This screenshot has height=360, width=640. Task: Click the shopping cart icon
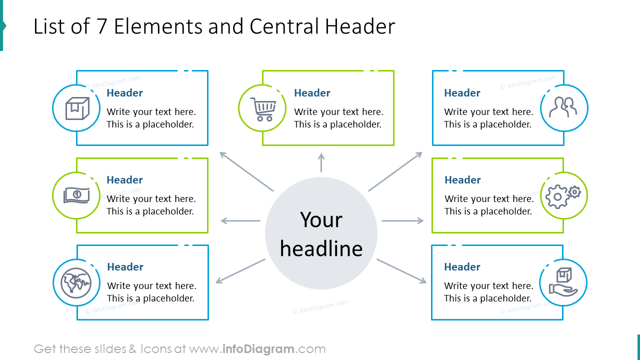263,108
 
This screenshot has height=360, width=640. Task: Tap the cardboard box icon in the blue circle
77,108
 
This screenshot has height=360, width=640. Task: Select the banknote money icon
76,195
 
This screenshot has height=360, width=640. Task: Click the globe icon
76,283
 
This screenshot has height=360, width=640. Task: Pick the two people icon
563,108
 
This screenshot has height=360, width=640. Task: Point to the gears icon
563,196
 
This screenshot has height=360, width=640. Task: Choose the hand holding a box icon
563,282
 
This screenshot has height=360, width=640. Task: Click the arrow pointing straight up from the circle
321,163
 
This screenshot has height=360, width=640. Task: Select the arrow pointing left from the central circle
240,220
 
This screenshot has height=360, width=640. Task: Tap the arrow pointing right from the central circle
402,220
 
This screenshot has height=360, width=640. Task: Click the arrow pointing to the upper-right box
395,171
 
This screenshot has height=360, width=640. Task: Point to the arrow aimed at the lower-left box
240,271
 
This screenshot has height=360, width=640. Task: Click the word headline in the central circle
321,248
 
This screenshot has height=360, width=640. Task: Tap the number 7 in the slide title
102,27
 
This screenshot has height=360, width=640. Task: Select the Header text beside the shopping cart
312,93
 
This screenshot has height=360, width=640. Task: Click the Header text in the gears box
462,180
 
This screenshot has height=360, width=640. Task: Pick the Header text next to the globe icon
125,267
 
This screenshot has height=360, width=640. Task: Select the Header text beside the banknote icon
124,180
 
